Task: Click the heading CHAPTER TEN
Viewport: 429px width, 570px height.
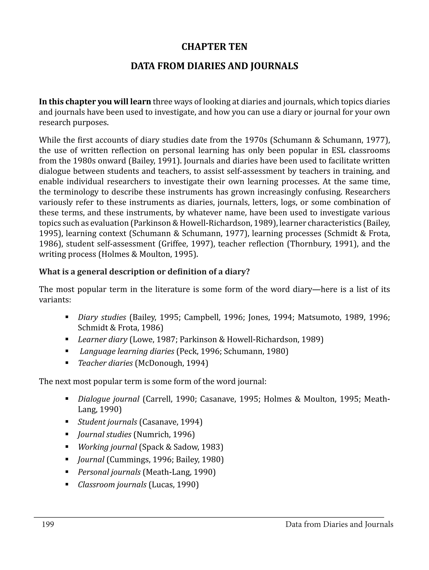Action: [214, 47]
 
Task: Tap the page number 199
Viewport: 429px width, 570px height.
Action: [48, 524]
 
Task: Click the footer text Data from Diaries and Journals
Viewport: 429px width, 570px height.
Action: [339, 524]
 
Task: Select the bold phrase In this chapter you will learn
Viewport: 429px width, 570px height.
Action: [95, 102]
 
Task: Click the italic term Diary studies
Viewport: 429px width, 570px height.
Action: [102, 317]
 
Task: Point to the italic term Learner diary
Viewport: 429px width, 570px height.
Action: [103, 339]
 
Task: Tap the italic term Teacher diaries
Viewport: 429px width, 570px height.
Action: [105, 363]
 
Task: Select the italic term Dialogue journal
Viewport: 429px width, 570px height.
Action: [109, 399]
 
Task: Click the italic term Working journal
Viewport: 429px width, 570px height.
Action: [107, 447]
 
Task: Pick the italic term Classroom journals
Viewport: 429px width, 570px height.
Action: [112, 485]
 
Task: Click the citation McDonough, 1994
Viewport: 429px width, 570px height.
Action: [171, 363]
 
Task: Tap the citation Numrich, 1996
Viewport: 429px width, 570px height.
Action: [164, 434]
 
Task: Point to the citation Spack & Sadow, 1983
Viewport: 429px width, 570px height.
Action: [181, 447]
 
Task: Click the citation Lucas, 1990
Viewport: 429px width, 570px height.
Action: [174, 485]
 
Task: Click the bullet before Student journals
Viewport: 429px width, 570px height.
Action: [67, 422]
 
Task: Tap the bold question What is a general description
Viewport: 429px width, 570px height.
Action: [144, 272]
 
